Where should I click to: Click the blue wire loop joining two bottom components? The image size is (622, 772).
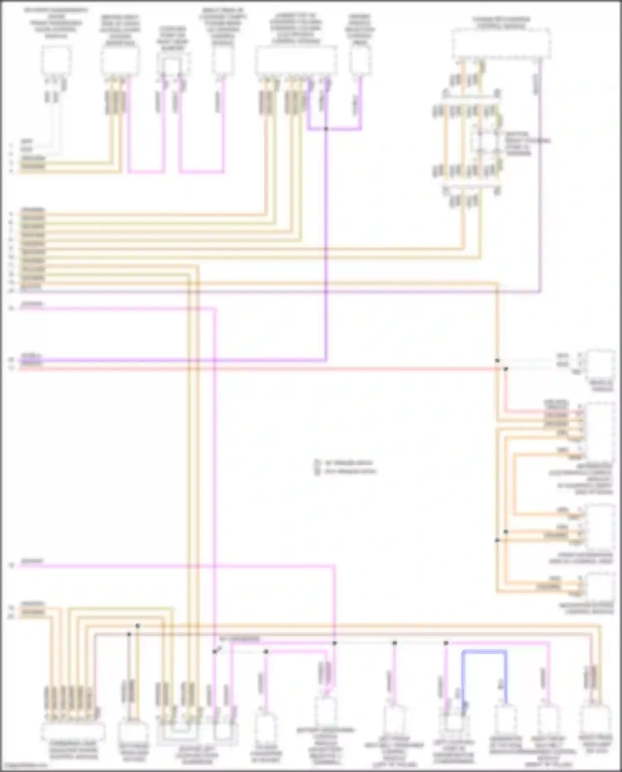coord(484,652)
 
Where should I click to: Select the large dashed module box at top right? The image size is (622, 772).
coord(501,44)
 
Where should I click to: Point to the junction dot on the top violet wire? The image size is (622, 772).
coord(326,129)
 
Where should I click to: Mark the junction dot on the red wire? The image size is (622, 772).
coord(506,368)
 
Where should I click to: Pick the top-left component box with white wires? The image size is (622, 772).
coord(56,61)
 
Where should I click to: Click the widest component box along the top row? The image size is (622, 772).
coord(296,61)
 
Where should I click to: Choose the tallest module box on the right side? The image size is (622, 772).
coord(599,431)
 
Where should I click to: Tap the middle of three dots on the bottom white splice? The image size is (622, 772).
coord(394,643)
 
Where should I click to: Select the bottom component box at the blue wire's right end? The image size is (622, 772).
coord(505,721)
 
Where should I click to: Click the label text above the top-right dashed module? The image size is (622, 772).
coord(501,23)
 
